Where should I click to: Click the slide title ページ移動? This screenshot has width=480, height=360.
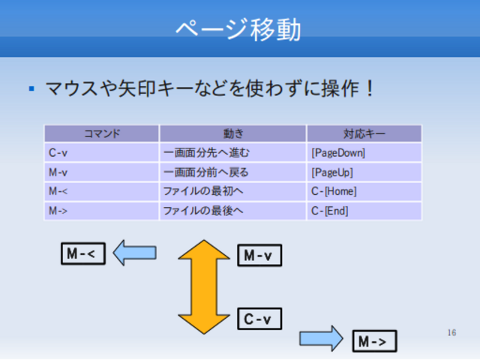(x=238, y=29)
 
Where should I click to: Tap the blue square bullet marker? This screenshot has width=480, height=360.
(x=31, y=89)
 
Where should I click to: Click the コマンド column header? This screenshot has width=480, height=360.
(x=101, y=133)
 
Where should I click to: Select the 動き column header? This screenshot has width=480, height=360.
(x=232, y=133)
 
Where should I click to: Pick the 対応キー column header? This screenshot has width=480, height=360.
(x=364, y=133)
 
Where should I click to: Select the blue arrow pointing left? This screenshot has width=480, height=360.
(x=134, y=253)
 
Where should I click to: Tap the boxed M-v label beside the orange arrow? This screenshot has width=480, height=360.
(x=259, y=256)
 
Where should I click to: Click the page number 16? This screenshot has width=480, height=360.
(x=451, y=332)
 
